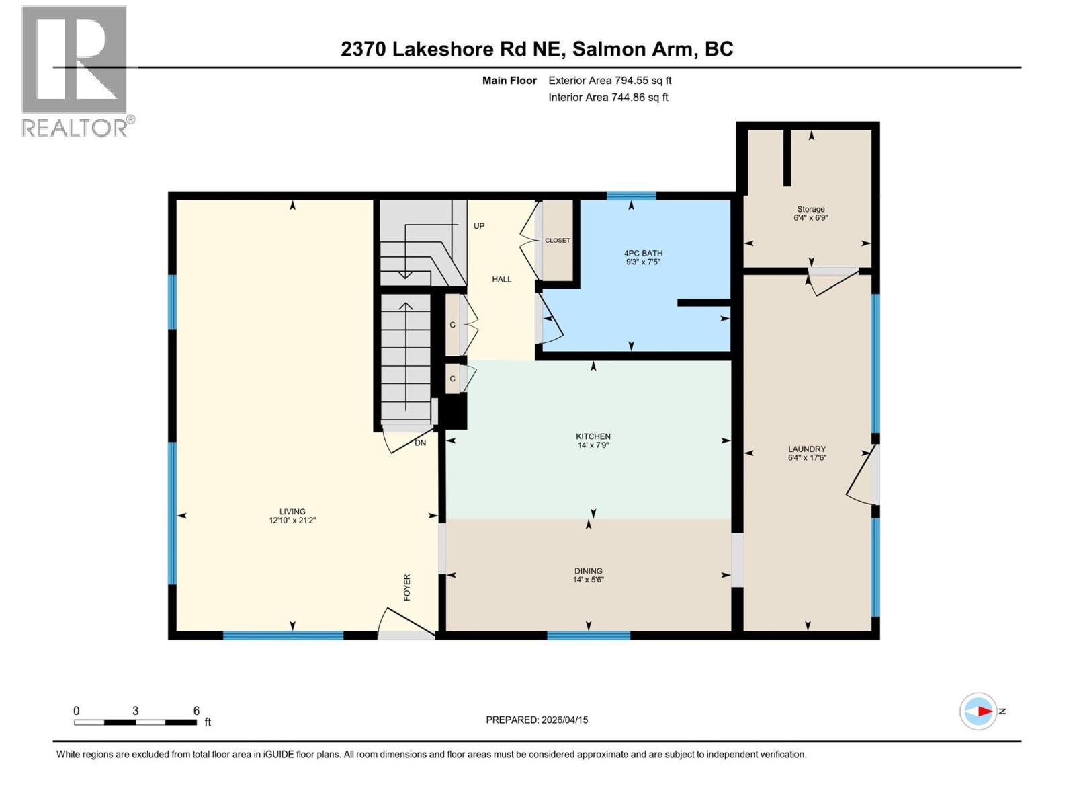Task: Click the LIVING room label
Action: pyautogui.click(x=292, y=511)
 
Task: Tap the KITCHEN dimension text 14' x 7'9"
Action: pyautogui.click(x=593, y=445)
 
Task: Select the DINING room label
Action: pyautogui.click(x=588, y=571)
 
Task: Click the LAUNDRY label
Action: pyautogui.click(x=807, y=449)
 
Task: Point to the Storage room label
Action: pyautogui.click(x=811, y=209)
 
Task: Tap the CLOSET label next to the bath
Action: pyautogui.click(x=557, y=241)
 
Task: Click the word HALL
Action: pyautogui.click(x=501, y=279)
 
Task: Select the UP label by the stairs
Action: pyautogui.click(x=478, y=226)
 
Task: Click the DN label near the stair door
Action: pyautogui.click(x=420, y=443)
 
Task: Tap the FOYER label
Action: pyautogui.click(x=406, y=587)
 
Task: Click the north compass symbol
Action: pyautogui.click(x=978, y=711)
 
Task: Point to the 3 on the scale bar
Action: pyautogui.click(x=136, y=711)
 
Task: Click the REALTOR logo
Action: pyautogui.click(x=75, y=71)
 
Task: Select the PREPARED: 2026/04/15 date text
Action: pyautogui.click(x=537, y=720)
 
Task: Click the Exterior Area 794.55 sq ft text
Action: pyautogui.click(x=609, y=81)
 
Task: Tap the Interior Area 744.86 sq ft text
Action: pyautogui.click(x=608, y=97)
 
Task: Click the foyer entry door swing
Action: pyautogui.click(x=406, y=623)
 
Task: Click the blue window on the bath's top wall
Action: pyautogui.click(x=631, y=196)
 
